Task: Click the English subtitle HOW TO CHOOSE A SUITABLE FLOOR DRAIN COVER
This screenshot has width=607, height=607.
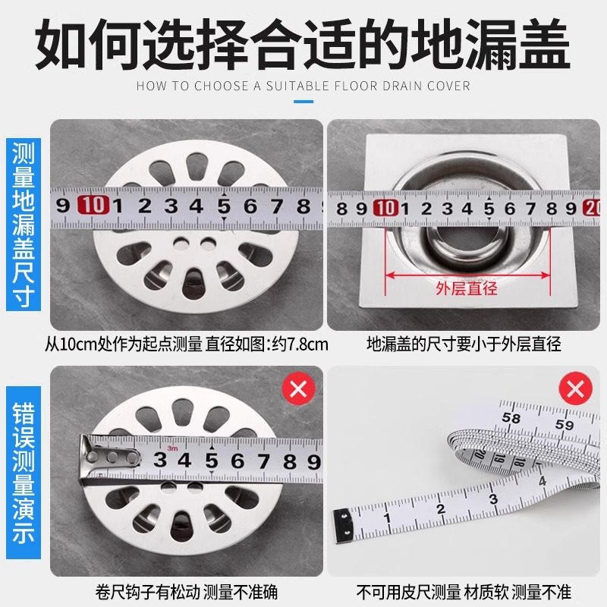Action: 303,86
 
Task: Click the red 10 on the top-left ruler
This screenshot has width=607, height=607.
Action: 93,206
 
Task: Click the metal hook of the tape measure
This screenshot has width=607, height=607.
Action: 106,459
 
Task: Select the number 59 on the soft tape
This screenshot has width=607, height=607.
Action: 565,425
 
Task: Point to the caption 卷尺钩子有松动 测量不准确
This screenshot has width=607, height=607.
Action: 186,590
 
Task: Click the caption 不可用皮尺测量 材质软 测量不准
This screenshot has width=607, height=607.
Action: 464,590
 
